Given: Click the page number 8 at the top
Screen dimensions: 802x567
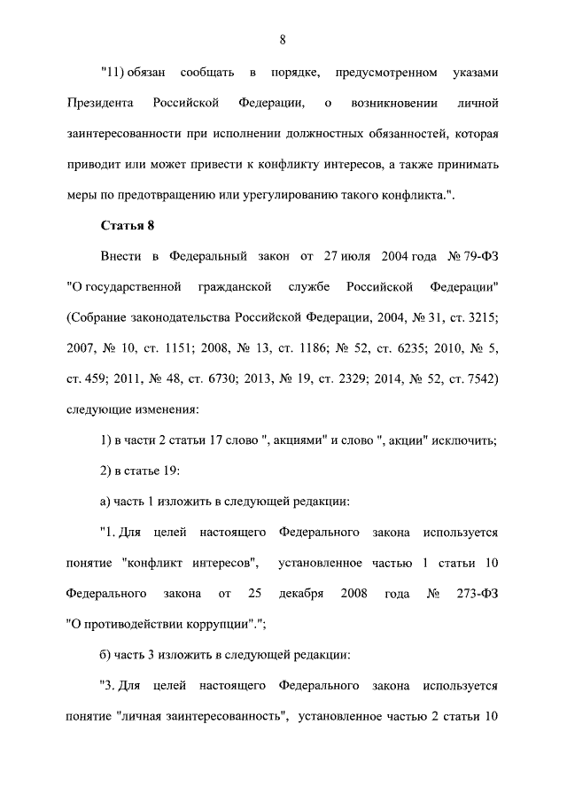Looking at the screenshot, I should point(283,39).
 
